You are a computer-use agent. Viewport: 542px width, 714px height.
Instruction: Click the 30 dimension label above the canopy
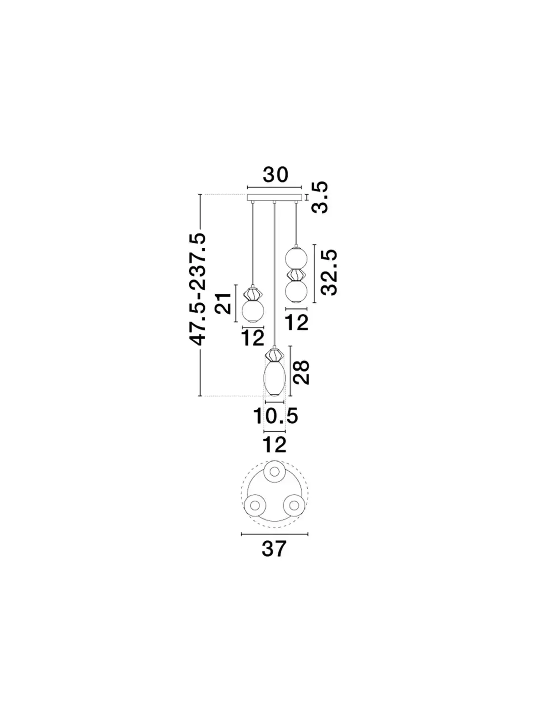pos(275,175)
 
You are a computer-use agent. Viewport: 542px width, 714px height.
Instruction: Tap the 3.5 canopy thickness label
pos(319,197)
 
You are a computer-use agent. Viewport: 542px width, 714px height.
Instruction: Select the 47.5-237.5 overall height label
pos(198,289)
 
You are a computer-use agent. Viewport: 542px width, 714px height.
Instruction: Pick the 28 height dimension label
pos(301,372)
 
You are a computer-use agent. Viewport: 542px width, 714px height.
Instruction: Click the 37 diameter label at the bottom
pos(274,548)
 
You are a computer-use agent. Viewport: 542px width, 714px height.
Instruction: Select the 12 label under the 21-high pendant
pos(252,338)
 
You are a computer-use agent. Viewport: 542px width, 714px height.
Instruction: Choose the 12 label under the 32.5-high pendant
pos(297,322)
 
